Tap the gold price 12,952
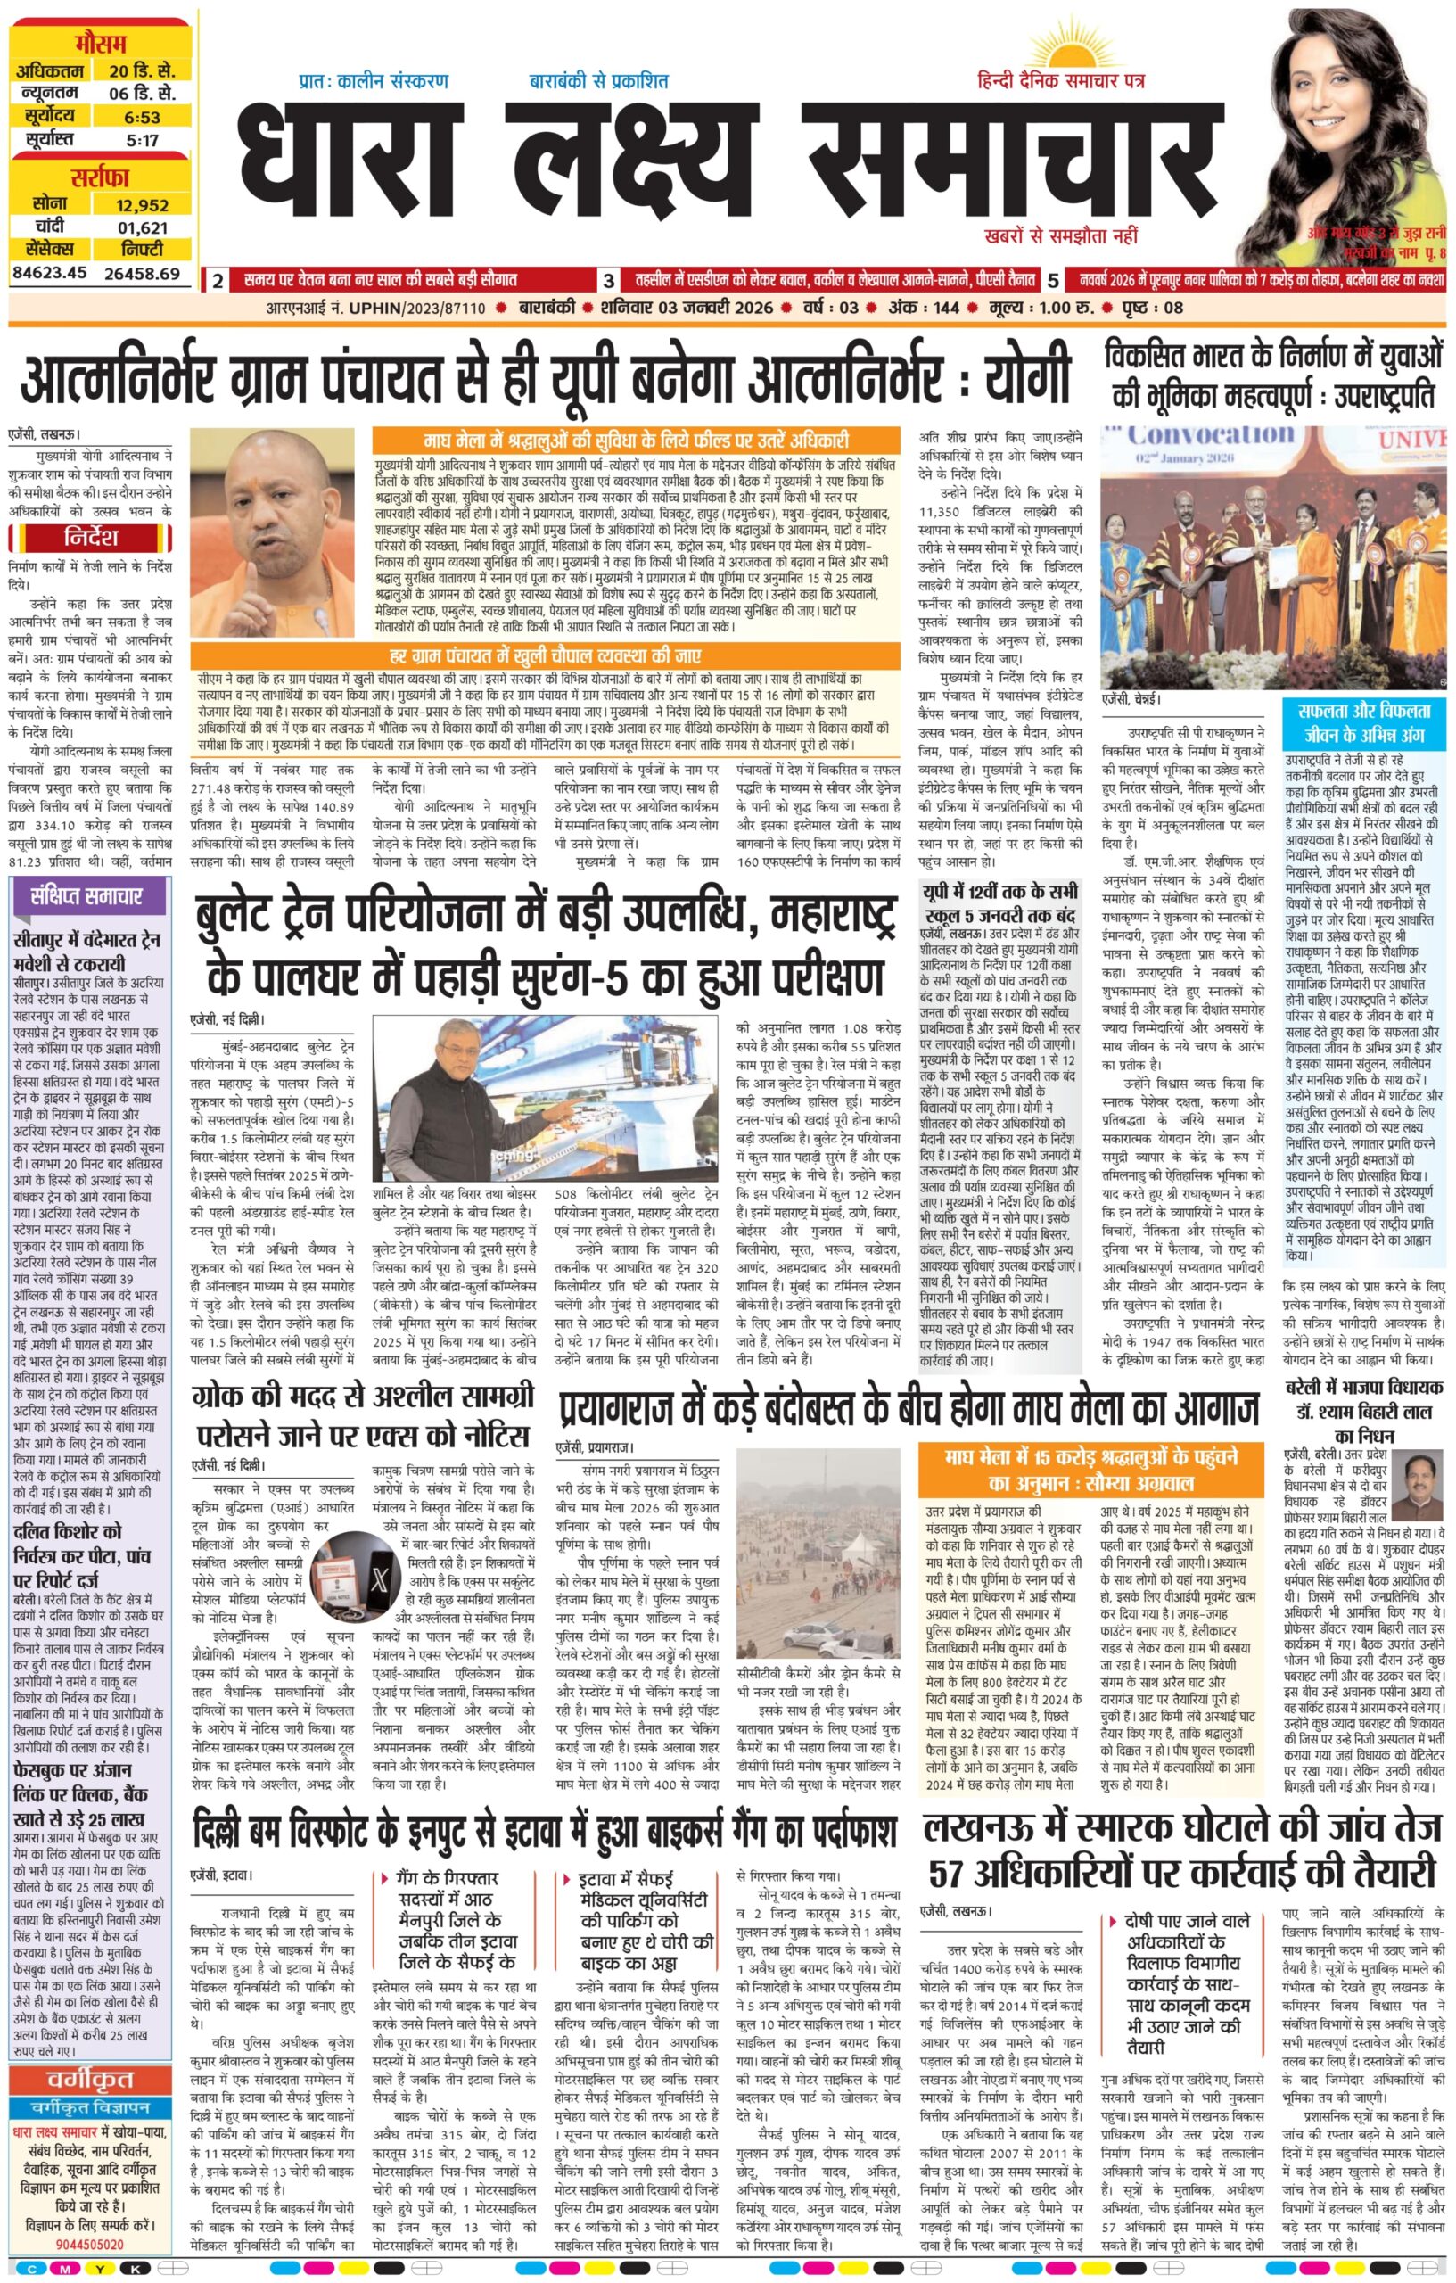pyautogui.click(x=141, y=204)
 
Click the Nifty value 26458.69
pyautogui.click(x=141, y=273)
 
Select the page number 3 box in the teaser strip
pyautogui.click(x=607, y=281)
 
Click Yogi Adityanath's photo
pyautogui.click(x=279, y=531)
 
